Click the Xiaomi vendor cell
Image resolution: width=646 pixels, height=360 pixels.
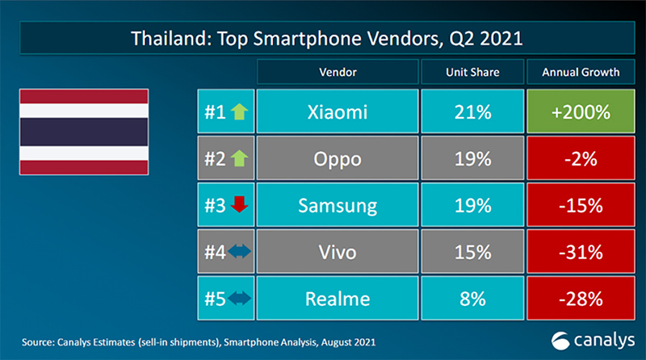point(338,112)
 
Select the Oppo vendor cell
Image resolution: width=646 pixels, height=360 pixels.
point(338,159)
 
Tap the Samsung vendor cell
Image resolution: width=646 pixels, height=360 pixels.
point(338,205)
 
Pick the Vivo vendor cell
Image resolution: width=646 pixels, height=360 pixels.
point(338,252)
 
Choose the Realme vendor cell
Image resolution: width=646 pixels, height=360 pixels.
point(338,299)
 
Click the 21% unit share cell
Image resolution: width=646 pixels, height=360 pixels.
point(472,112)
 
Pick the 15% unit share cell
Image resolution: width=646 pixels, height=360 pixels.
point(472,252)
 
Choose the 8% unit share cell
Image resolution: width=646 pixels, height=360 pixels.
point(472,299)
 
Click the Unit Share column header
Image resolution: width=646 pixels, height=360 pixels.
point(472,72)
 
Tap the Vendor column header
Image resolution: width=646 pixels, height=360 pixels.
point(338,72)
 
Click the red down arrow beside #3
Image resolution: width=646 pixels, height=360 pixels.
point(239,206)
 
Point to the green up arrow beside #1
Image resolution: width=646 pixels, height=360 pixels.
point(239,112)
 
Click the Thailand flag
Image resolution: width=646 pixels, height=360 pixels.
point(84,131)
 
